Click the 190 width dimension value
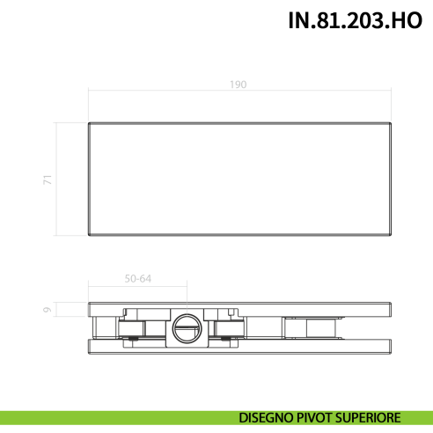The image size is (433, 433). point(239,84)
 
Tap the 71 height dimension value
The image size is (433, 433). point(48,179)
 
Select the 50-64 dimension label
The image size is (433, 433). point(138,279)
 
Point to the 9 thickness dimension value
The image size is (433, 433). point(48,310)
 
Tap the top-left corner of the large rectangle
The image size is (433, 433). point(88,121)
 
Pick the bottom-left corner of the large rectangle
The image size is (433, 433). point(88,236)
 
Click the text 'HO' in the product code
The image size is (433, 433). point(410,21)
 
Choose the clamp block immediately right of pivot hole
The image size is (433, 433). point(224,327)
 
